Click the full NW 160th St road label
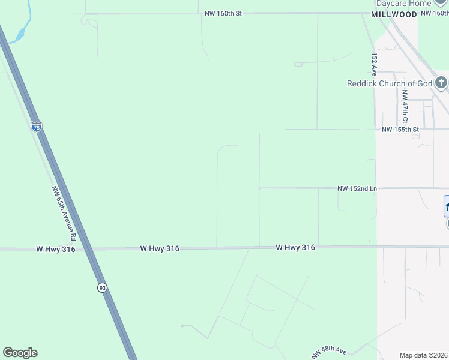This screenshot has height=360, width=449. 222,13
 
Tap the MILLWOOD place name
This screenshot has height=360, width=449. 393,14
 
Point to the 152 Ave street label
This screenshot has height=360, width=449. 374,62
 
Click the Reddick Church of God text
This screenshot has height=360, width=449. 390,83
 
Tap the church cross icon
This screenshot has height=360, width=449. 441,83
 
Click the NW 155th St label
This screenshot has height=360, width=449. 400,129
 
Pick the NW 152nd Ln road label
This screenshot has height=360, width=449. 357,188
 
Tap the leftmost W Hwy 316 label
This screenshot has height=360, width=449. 56,249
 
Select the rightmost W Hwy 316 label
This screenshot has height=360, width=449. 295,247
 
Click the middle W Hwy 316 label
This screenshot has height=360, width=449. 160,248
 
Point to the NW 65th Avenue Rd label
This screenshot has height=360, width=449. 64,209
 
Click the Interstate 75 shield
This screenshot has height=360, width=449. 37,127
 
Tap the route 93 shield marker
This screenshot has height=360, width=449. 103,287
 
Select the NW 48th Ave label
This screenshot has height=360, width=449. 329,352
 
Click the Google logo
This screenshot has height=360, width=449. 20,353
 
